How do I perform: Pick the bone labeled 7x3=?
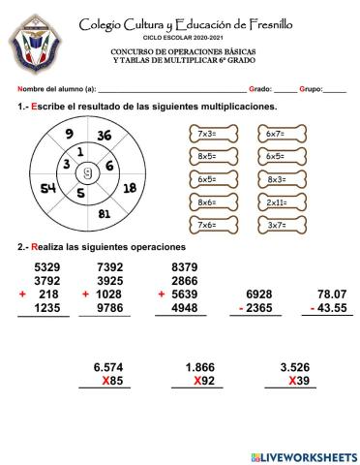(206, 134)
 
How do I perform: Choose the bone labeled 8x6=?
(206, 202)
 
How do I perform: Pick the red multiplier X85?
(113, 381)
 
